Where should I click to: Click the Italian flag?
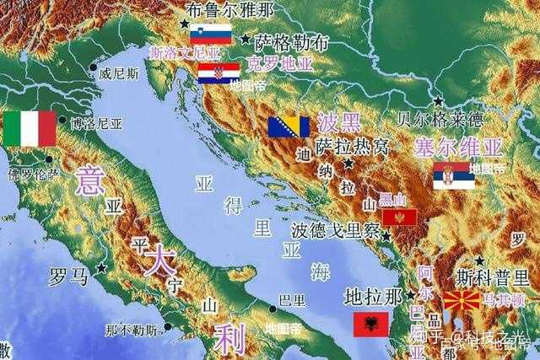[29, 129]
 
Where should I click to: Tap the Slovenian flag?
[210, 34]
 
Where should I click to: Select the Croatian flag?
[219, 73]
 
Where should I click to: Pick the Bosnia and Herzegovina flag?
[289, 126]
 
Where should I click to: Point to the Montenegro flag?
[399, 218]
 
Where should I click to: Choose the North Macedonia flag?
[462, 301]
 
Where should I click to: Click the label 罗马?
[68, 277]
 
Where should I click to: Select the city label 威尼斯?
[119, 73]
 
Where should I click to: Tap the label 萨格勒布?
[292, 42]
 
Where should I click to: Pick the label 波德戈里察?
[335, 230]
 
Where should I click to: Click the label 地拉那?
[374, 296]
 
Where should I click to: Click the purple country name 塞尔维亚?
[458, 148]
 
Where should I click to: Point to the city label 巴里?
[292, 299]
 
